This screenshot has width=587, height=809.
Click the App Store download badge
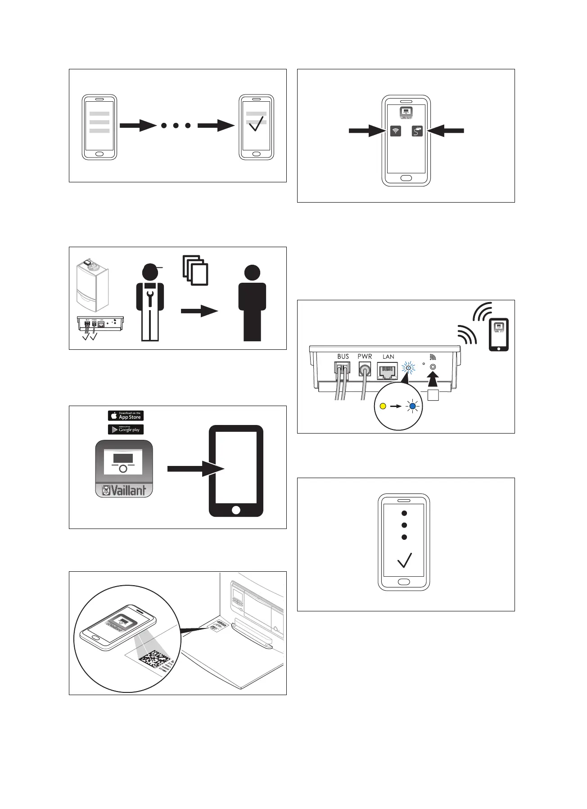126,416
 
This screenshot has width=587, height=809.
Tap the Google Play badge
126,429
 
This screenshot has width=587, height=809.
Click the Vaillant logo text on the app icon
124,490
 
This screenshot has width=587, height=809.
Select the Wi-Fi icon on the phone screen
396,131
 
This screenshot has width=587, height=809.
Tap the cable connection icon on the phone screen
417,131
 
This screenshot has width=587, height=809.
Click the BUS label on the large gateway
343,357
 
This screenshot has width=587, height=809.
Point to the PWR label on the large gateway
365,357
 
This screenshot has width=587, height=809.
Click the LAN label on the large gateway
388,357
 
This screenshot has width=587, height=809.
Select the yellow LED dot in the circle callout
383,406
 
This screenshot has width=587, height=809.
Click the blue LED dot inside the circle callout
412,406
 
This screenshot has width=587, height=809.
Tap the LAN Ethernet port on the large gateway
387,372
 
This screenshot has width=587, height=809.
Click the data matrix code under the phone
153,661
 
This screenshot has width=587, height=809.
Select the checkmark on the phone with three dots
404,560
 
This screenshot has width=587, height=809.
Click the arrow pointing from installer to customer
199,311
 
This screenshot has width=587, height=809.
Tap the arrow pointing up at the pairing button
433,380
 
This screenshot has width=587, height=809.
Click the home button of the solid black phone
236,510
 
